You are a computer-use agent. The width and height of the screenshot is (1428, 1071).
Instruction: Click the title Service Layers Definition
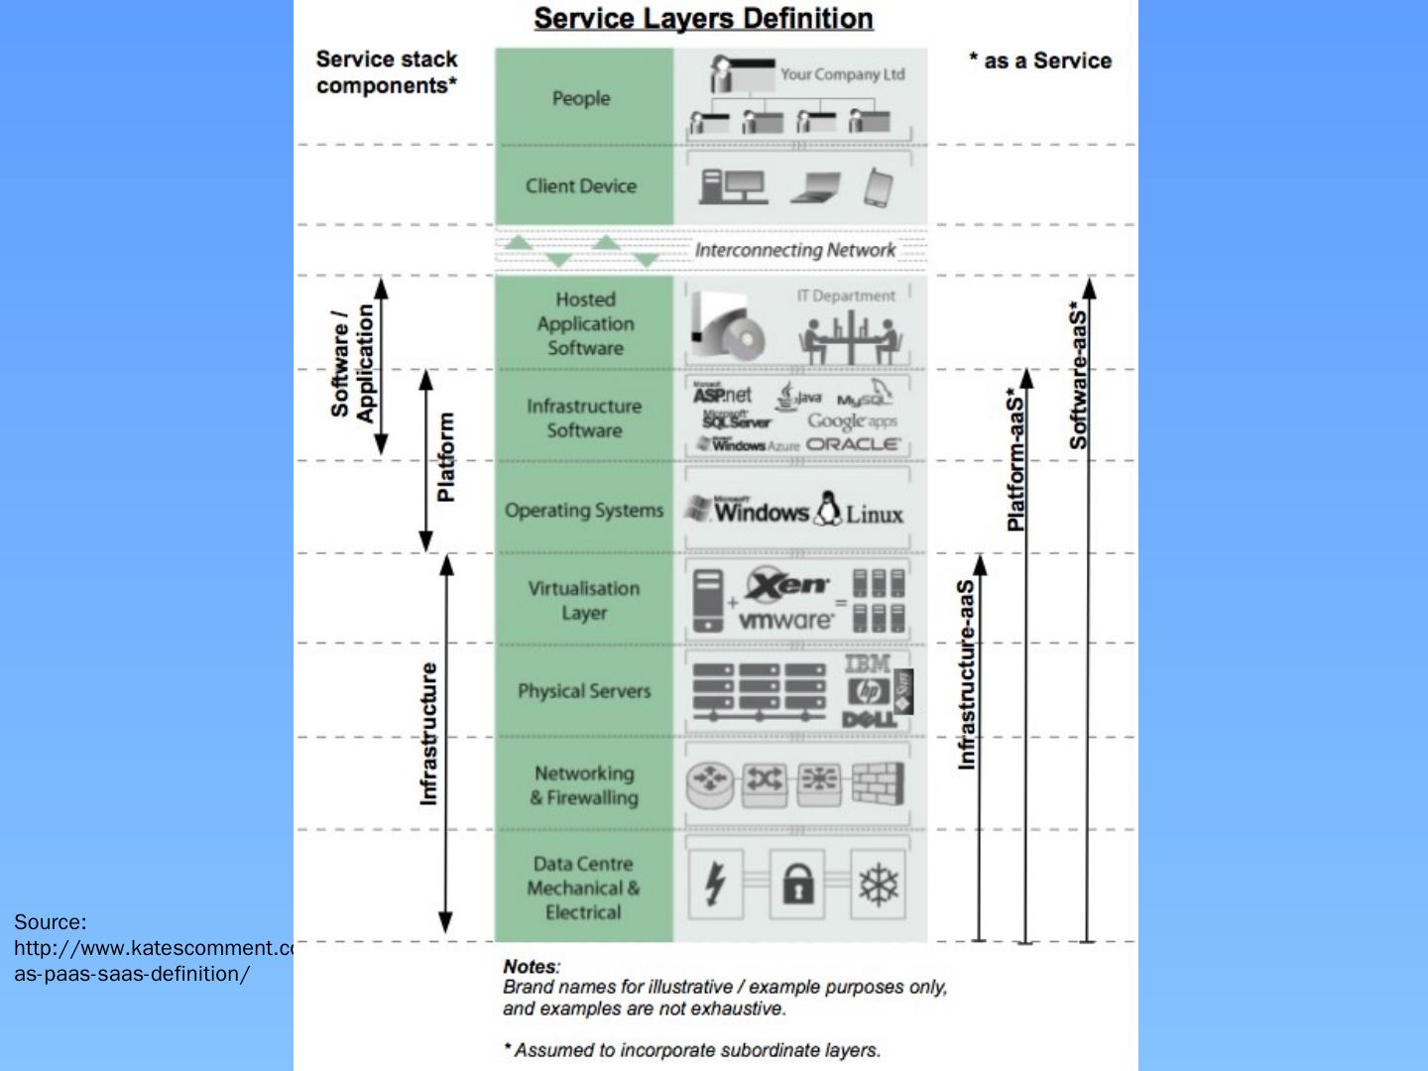[x=703, y=19]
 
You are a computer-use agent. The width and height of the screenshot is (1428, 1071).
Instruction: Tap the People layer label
[x=581, y=98]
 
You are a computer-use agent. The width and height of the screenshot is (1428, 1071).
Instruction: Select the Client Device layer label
[x=581, y=185]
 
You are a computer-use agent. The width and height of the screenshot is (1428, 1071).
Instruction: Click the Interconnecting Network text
[x=794, y=250]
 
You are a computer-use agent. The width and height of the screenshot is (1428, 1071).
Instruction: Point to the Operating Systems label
[x=584, y=511]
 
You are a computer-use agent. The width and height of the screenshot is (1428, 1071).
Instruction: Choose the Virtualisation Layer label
[x=584, y=600]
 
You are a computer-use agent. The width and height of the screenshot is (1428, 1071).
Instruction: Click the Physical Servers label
[x=584, y=691]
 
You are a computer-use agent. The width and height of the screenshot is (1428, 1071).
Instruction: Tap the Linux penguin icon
[x=826, y=509]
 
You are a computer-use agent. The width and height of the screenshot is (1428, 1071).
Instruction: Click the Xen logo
[x=788, y=585]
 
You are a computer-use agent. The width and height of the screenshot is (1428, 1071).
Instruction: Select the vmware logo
[x=786, y=621]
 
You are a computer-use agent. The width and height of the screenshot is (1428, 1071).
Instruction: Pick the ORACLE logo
[x=853, y=445]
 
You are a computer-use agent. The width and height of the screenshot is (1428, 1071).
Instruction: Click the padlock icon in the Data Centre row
[x=797, y=883]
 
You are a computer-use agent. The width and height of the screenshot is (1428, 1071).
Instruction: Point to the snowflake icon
[x=878, y=884]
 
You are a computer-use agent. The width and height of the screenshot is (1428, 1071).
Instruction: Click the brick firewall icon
[x=878, y=783]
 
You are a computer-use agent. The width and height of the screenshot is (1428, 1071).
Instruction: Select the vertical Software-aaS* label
[x=1079, y=375]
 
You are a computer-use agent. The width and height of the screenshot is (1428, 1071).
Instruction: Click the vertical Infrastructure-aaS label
[x=967, y=674]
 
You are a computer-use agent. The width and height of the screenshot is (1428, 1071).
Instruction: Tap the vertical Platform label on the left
[x=446, y=457]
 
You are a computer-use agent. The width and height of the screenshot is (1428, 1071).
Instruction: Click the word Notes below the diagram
[x=531, y=966]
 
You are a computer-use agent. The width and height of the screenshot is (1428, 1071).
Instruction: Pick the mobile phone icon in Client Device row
[x=878, y=187]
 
